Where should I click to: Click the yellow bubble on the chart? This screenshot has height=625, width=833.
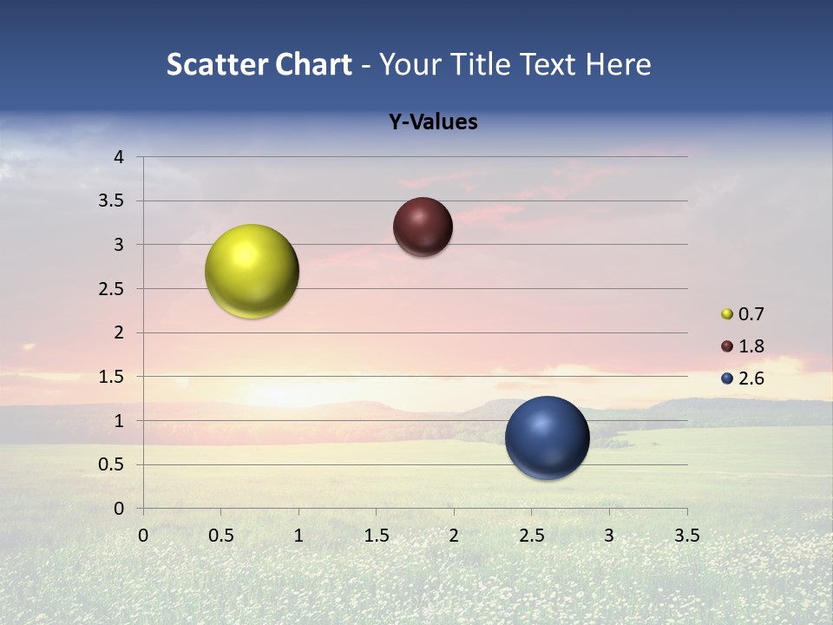[x=252, y=271]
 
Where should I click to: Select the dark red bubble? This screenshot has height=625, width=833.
[x=423, y=227]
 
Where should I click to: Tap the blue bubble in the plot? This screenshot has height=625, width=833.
[x=547, y=437]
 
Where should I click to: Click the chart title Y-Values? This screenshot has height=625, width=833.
[x=432, y=122]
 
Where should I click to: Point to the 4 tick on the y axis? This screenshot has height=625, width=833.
[x=119, y=157]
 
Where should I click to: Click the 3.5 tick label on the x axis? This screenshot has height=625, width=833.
[x=686, y=536]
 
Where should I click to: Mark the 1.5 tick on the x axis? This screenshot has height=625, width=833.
[x=376, y=536]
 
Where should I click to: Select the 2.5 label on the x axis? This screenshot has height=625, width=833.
[x=531, y=536]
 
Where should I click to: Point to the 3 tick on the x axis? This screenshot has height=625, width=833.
[x=609, y=536]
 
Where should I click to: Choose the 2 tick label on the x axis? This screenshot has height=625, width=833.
[x=454, y=536]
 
